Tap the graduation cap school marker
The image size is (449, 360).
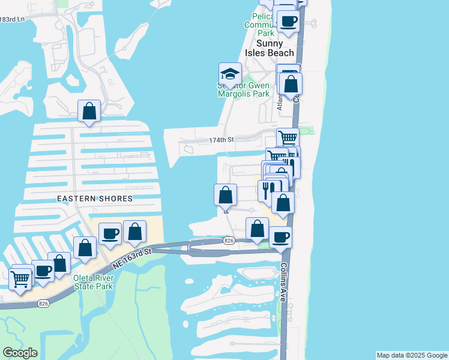(x=230, y=74)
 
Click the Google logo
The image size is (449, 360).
(x=20, y=352)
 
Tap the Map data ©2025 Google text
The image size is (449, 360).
(x=411, y=355)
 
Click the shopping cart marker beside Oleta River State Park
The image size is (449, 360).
(x=21, y=278)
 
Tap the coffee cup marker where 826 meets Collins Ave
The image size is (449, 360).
(x=280, y=236)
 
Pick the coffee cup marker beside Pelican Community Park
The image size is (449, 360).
(x=288, y=22)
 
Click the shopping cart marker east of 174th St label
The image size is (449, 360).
(x=288, y=138)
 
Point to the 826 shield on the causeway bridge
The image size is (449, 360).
(x=228, y=241)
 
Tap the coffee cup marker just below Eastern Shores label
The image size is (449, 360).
(x=110, y=233)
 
